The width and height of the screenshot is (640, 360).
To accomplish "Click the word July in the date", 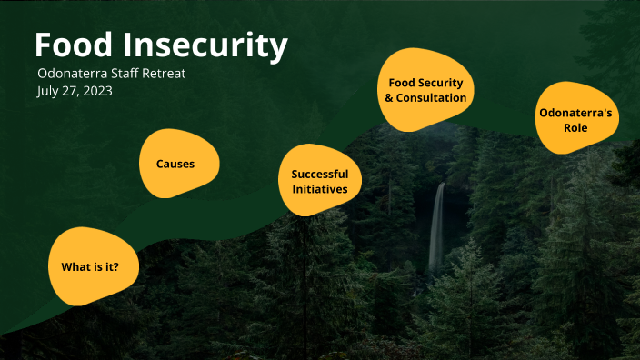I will (49, 92).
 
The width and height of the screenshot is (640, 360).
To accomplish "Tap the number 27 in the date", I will (71, 92).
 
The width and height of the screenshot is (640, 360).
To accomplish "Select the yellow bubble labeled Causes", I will (178, 165).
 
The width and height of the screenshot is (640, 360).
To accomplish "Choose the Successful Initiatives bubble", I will (319, 181).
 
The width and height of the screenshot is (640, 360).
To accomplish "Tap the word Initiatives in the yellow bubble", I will (320, 189).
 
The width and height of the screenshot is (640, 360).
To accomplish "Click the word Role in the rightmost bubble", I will (575, 128).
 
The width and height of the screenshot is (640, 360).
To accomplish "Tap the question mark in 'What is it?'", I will (115, 266).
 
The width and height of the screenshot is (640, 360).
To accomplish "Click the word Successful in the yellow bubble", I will (320, 174).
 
